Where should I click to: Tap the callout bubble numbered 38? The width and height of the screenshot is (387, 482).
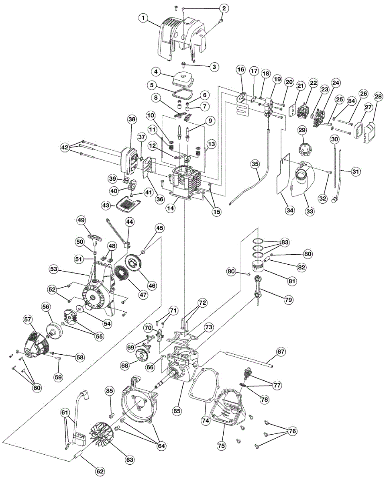[x=132, y=120]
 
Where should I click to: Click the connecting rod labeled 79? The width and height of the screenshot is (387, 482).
[x=258, y=287]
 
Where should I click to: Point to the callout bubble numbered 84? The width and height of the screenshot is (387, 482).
[x=351, y=101]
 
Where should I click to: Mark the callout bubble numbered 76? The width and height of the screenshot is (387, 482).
[x=292, y=431]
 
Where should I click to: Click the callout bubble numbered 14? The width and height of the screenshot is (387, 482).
[x=171, y=208]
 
